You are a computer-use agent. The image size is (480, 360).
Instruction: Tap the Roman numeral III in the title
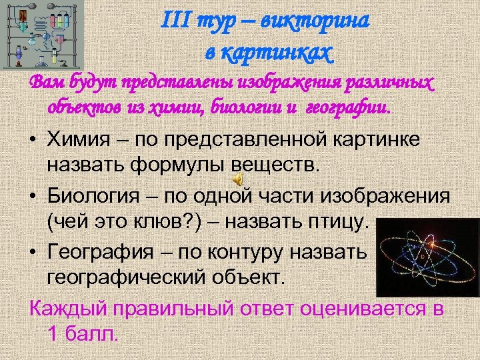(x=175, y=21)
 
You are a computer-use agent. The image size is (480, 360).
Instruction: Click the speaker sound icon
(x=238, y=180)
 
